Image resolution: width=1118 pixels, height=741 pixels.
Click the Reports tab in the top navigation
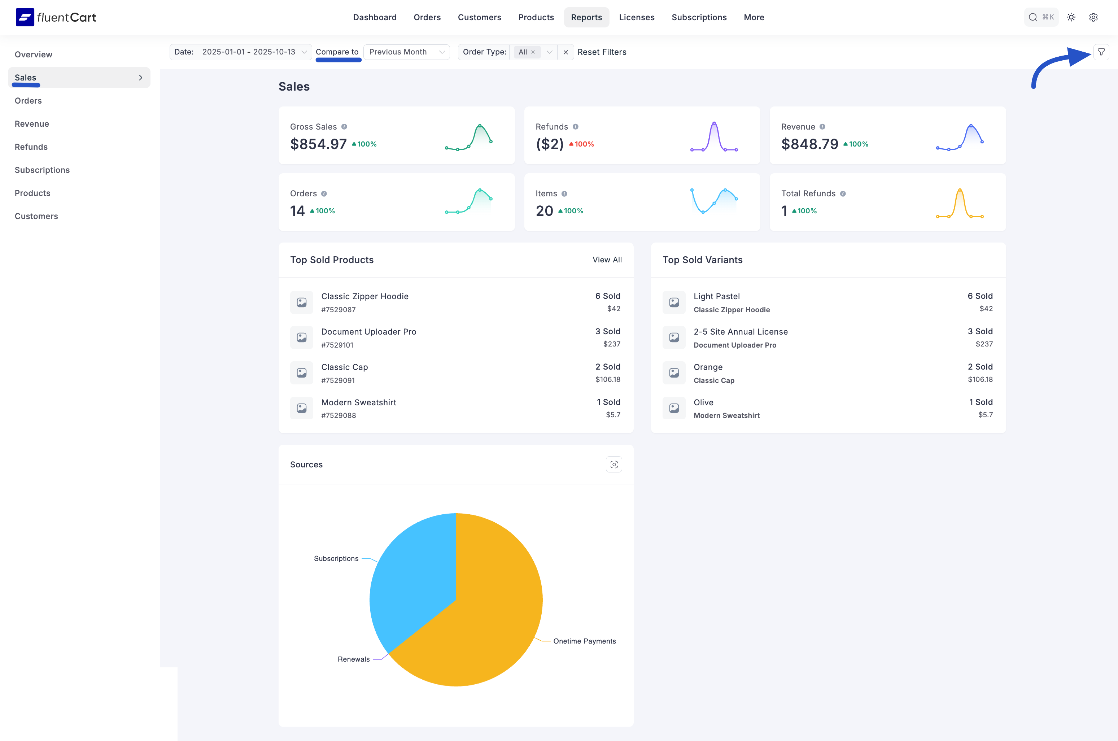click(x=586, y=17)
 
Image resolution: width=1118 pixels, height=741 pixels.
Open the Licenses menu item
click(x=637, y=17)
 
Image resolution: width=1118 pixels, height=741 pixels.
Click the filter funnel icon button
click(x=1101, y=52)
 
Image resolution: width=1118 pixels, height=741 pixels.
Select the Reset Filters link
click(x=602, y=52)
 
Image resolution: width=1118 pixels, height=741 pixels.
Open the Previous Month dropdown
click(x=406, y=52)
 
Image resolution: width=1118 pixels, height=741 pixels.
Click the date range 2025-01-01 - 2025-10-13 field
click(x=249, y=52)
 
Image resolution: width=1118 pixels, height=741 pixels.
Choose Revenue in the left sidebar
click(x=32, y=124)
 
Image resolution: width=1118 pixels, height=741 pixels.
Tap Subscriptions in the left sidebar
click(x=42, y=170)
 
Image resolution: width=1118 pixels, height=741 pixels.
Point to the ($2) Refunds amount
click(x=550, y=144)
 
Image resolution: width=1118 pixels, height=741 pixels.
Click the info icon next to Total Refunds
click(x=843, y=194)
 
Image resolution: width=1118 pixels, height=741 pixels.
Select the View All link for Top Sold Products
click(x=607, y=260)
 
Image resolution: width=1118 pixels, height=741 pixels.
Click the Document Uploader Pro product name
click(x=368, y=332)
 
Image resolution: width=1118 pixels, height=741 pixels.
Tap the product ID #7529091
click(x=338, y=380)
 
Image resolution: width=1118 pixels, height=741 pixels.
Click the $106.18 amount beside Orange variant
click(x=980, y=379)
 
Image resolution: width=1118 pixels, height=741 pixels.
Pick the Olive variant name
click(x=703, y=403)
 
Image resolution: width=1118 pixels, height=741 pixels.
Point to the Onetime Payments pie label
click(x=585, y=641)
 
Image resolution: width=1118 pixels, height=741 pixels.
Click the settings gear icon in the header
click(x=1093, y=17)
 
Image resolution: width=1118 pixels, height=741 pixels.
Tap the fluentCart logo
click(x=56, y=17)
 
